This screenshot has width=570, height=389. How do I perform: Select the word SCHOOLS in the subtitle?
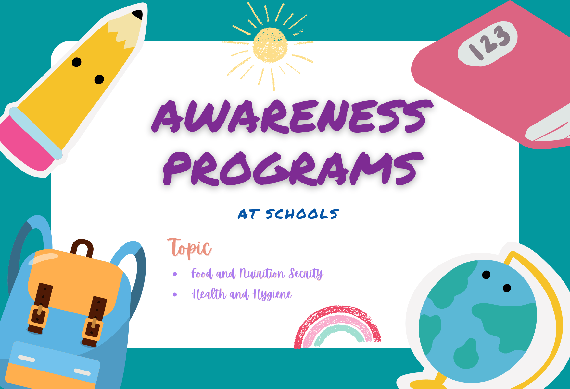point(302,214)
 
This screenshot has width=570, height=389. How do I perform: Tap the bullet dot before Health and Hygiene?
point(175,294)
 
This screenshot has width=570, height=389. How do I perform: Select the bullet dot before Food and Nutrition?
point(175,274)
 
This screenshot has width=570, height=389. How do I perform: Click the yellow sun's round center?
point(270,45)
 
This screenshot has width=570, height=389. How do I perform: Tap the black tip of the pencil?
point(138,15)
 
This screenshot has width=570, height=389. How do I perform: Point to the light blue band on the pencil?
point(36,133)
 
